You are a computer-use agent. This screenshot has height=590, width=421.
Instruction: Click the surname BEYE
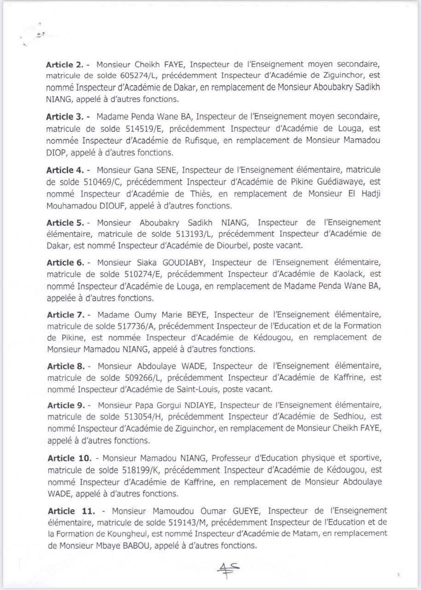coord(197,315)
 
